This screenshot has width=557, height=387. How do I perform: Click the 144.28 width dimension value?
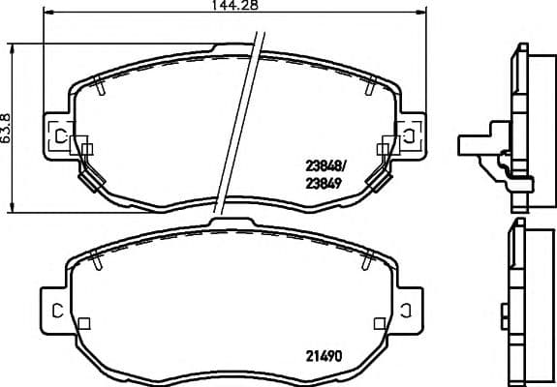(234, 5)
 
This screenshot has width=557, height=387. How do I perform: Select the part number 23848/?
(325, 165)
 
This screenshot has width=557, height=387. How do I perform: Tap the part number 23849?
(324, 184)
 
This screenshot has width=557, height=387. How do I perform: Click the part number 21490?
(324, 356)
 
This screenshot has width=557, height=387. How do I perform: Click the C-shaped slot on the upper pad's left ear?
(61, 135)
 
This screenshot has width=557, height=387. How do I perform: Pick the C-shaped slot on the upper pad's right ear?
(409, 135)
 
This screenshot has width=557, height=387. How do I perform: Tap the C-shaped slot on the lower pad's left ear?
(57, 311)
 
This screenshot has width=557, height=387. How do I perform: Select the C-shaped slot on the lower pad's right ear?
(405, 311)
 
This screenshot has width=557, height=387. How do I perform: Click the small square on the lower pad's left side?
(84, 323)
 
